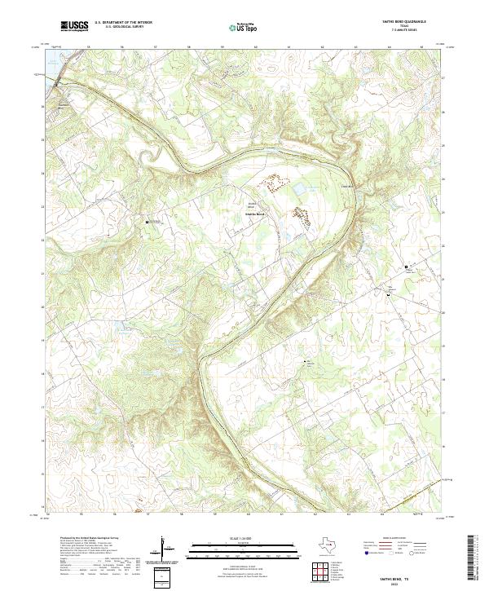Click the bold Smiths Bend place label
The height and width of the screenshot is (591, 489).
[255, 214]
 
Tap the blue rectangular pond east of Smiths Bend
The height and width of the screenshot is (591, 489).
[298, 189]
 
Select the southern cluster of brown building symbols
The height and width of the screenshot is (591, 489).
[301, 215]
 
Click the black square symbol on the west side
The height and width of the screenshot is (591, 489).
[147, 221]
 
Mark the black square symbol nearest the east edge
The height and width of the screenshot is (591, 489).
[406, 267]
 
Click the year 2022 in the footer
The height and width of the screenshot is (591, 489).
[414, 581]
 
